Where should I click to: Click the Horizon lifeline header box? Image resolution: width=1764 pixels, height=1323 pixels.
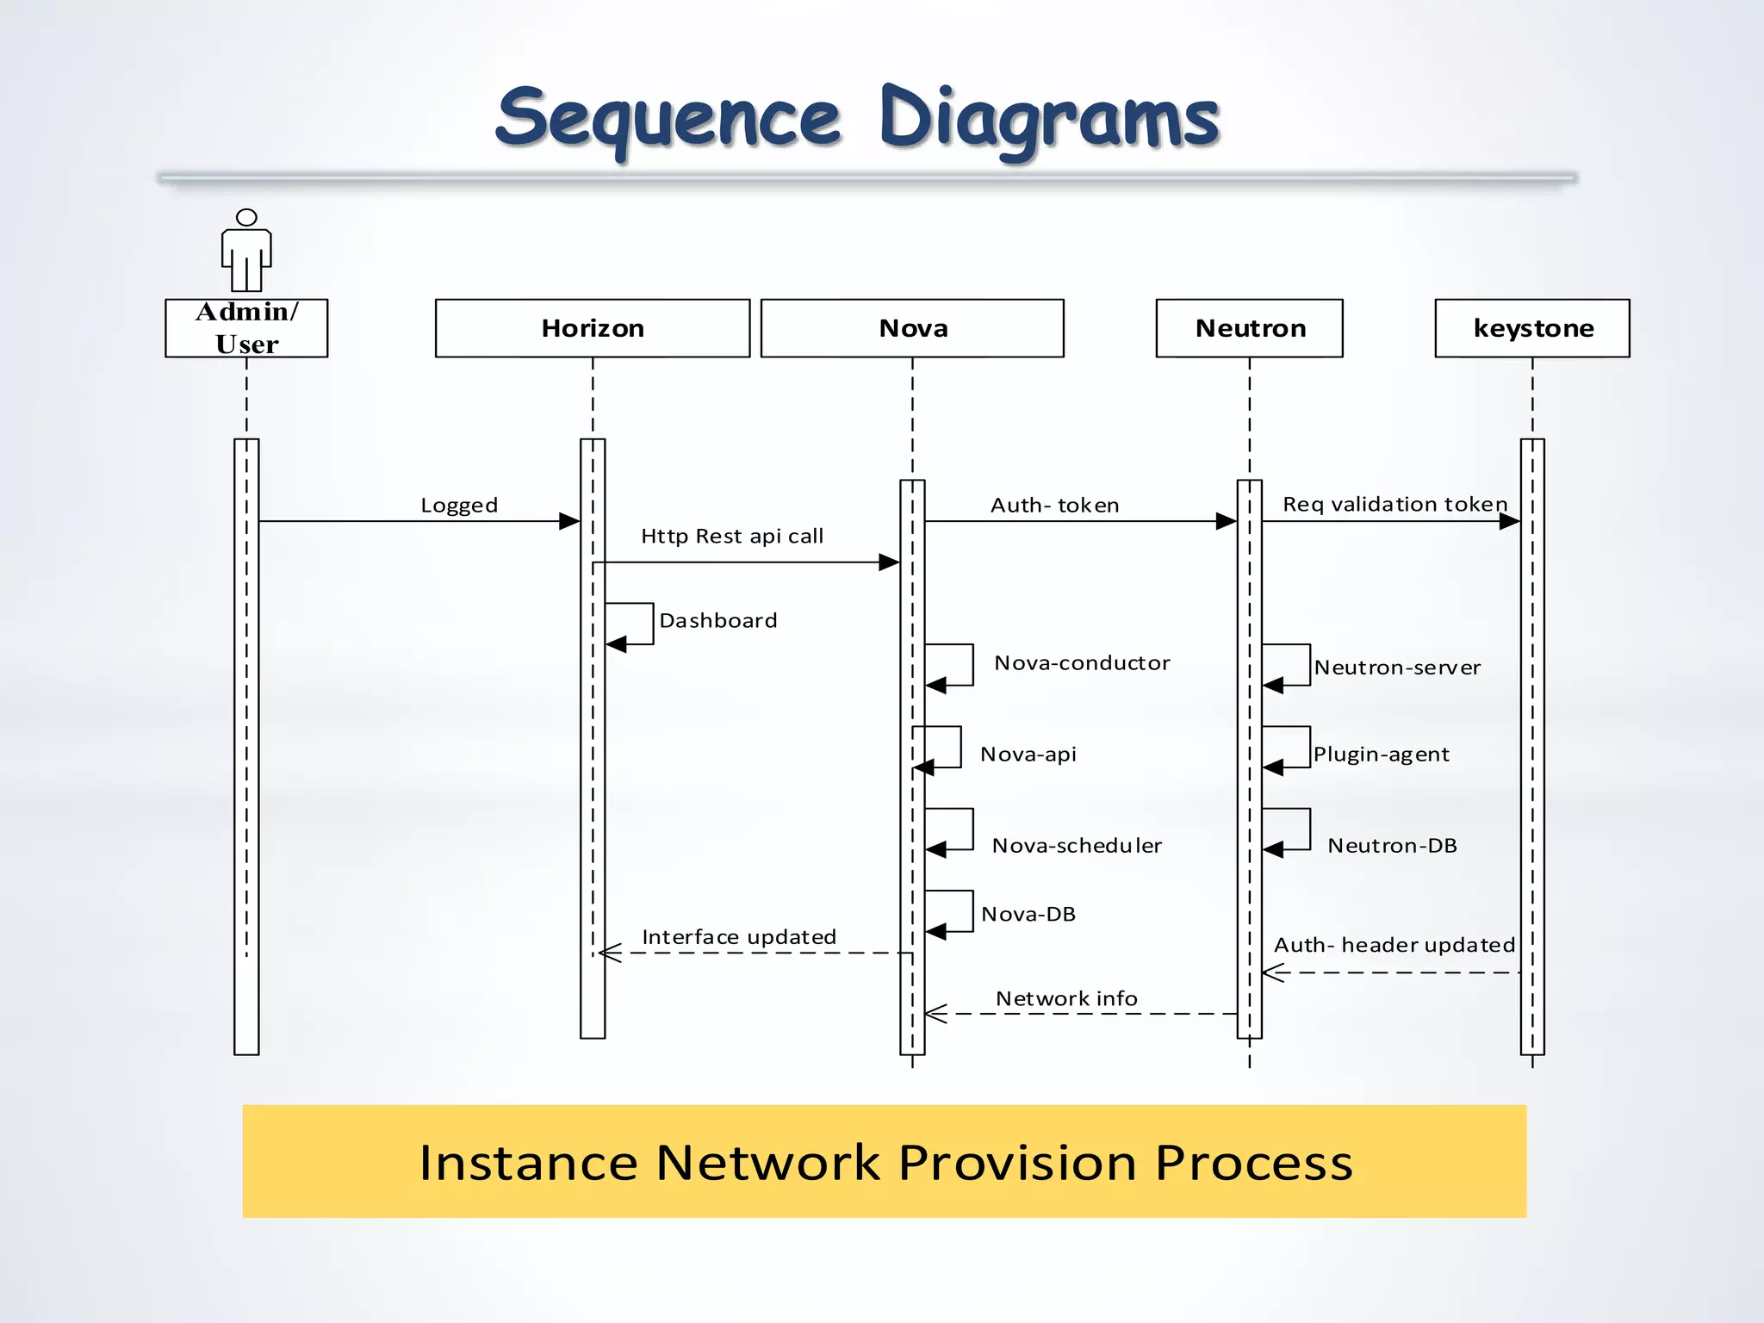point(593,328)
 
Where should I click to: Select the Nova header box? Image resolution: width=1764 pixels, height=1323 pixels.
point(912,328)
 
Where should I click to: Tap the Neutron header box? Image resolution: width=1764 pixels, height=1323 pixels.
point(1249,328)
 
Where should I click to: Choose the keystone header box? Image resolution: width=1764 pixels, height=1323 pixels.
point(1532,328)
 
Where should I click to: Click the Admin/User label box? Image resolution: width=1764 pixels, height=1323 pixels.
point(246,328)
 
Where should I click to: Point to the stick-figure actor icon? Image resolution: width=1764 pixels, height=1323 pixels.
point(246,251)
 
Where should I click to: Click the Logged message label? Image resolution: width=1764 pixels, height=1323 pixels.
point(459,506)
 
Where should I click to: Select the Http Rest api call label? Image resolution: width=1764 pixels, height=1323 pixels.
point(732,537)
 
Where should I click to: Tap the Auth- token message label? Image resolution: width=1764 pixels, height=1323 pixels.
point(1054,506)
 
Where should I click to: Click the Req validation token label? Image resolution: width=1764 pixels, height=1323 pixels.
point(1394,505)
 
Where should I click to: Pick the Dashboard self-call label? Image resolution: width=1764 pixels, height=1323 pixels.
point(718,621)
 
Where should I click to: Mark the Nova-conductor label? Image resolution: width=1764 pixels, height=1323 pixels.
point(1082,663)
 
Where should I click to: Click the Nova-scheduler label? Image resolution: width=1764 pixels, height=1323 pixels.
point(1077,846)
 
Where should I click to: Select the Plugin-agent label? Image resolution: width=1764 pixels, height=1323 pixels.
point(1381,755)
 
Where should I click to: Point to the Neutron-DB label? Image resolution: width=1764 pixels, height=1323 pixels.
point(1392,846)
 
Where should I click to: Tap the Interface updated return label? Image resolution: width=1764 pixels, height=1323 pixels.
point(739,937)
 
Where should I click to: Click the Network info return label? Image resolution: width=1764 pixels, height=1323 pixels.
point(1066,999)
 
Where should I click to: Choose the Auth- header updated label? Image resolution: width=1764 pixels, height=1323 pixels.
point(1394,946)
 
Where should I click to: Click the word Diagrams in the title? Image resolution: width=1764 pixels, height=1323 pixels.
point(1049,121)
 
